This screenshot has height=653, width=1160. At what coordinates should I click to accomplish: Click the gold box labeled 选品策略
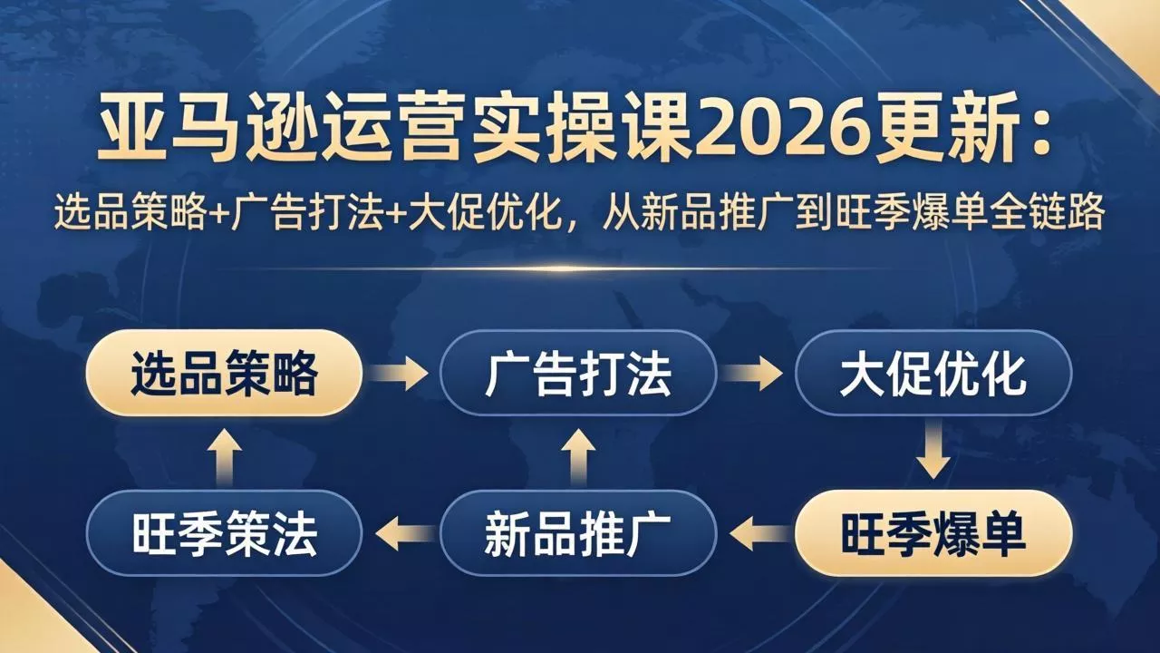tap(224, 373)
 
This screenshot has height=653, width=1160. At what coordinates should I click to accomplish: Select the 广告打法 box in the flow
tap(578, 373)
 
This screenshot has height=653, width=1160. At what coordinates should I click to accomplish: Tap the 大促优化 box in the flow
tap(933, 373)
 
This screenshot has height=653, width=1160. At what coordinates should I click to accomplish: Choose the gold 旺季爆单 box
tap(933, 534)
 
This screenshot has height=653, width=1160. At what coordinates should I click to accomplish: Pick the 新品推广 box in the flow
tap(578, 534)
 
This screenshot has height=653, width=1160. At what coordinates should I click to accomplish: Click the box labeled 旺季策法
tap(224, 534)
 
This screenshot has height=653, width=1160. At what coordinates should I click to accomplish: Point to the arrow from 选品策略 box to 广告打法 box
tap(401, 373)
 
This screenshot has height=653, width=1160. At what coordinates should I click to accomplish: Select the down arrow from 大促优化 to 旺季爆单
tap(933, 453)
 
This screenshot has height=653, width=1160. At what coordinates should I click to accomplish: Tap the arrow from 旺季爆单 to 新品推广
tap(757, 534)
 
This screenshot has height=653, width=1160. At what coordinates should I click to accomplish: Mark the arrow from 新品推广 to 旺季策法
tap(402, 534)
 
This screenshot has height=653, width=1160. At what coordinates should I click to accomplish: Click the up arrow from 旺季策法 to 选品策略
tap(224, 453)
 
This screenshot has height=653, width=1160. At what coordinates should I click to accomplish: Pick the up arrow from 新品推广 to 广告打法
tap(578, 453)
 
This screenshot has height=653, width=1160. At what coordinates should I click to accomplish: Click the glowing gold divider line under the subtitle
tap(580, 268)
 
